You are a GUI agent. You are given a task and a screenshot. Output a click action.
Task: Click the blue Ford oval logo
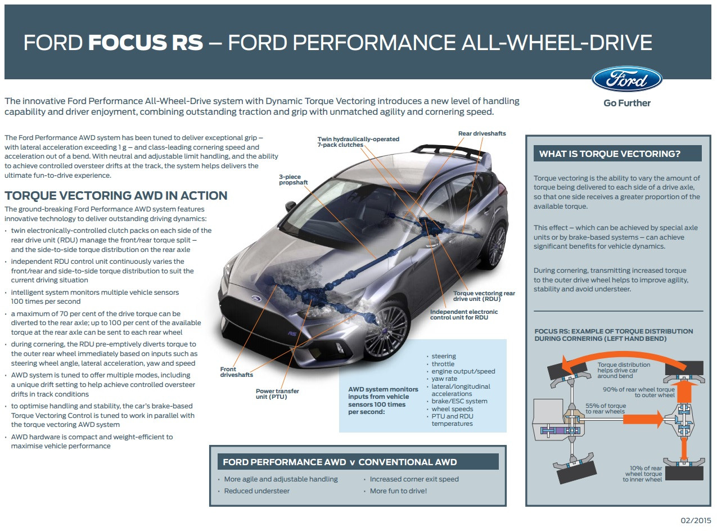click(627, 79)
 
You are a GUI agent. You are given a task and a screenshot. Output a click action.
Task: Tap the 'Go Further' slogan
click(627, 103)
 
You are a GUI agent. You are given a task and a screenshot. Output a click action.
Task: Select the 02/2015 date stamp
click(696, 520)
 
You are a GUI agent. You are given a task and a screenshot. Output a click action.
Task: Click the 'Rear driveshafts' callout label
click(482, 133)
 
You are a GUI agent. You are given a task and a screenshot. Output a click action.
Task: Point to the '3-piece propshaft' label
click(294, 179)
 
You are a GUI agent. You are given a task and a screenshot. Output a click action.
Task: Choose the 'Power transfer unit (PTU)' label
click(277, 394)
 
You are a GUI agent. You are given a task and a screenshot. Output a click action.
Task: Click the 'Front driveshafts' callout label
click(237, 372)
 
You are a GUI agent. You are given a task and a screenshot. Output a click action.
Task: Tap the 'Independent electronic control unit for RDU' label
click(464, 314)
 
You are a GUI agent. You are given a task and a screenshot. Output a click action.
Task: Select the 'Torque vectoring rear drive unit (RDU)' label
click(484, 296)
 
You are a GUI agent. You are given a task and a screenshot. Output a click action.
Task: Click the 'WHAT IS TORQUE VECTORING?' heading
click(610, 154)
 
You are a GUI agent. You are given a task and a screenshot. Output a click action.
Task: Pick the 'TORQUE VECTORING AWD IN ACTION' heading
click(116, 196)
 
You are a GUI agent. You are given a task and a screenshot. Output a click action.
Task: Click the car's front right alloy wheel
click(386, 331)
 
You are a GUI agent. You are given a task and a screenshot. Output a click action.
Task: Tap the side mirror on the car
click(290, 206)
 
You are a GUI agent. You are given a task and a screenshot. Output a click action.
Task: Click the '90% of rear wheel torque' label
click(639, 392)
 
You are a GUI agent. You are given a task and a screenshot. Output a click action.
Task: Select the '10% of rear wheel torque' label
click(642, 474)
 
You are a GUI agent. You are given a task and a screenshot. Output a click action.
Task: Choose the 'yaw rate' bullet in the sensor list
click(444, 379)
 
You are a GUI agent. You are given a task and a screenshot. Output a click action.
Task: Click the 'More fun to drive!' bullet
click(398, 491)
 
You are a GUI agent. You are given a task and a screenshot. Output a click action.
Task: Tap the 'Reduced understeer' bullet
click(256, 491)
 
